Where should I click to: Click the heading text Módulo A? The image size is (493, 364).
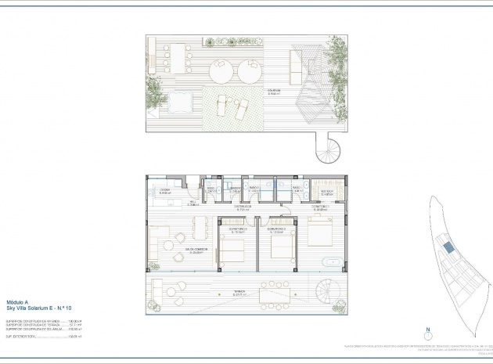[x=17, y=302]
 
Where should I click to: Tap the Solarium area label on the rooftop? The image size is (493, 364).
[x=275, y=92]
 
